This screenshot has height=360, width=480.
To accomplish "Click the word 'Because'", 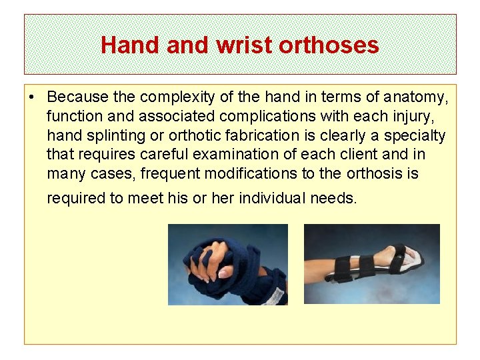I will coord(76,99).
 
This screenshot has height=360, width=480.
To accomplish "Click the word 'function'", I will coord(71,117).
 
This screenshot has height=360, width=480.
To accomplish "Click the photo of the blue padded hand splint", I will coord(227,264).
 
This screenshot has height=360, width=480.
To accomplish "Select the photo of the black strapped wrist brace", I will coord(371,264).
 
